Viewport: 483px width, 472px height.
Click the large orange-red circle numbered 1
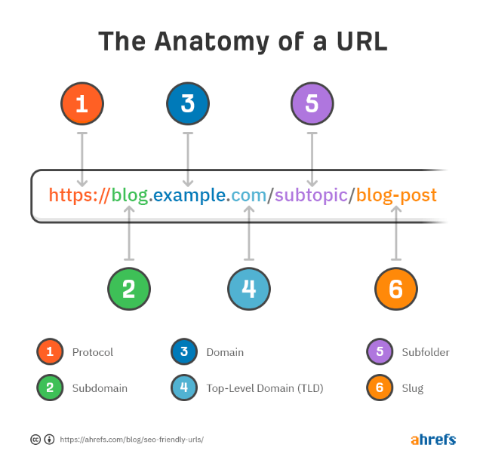(x=82, y=103)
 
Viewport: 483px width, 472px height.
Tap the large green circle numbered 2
(x=129, y=289)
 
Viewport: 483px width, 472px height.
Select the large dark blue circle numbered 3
(x=188, y=103)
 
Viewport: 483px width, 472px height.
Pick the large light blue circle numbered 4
(x=249, y=289)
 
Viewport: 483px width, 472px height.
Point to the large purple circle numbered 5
(x=312, y=103)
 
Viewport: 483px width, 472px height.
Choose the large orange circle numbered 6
(x=396, y=289)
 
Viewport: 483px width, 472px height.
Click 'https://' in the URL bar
(x=78, y=196)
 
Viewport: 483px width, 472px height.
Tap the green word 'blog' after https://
(x=130, y=196)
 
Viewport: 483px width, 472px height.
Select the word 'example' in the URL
(x=190, y=196)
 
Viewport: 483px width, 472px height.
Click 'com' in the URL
(x=248, y=196)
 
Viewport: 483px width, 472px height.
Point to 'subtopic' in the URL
(x=311, y=196)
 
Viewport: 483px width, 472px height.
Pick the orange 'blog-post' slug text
(x=396, y=196)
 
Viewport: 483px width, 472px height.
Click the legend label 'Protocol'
(x=93, y=352)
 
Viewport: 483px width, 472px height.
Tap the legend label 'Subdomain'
(x=100, y=388)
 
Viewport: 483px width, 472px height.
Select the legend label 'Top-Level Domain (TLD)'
(x=264, y=388)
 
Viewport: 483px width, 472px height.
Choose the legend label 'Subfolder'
(x=426, y=352)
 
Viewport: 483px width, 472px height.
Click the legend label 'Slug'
(x=413, y=388)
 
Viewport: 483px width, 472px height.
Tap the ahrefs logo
(x=433, y=439)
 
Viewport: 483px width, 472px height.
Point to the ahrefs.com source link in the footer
(x=131, y=439)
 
